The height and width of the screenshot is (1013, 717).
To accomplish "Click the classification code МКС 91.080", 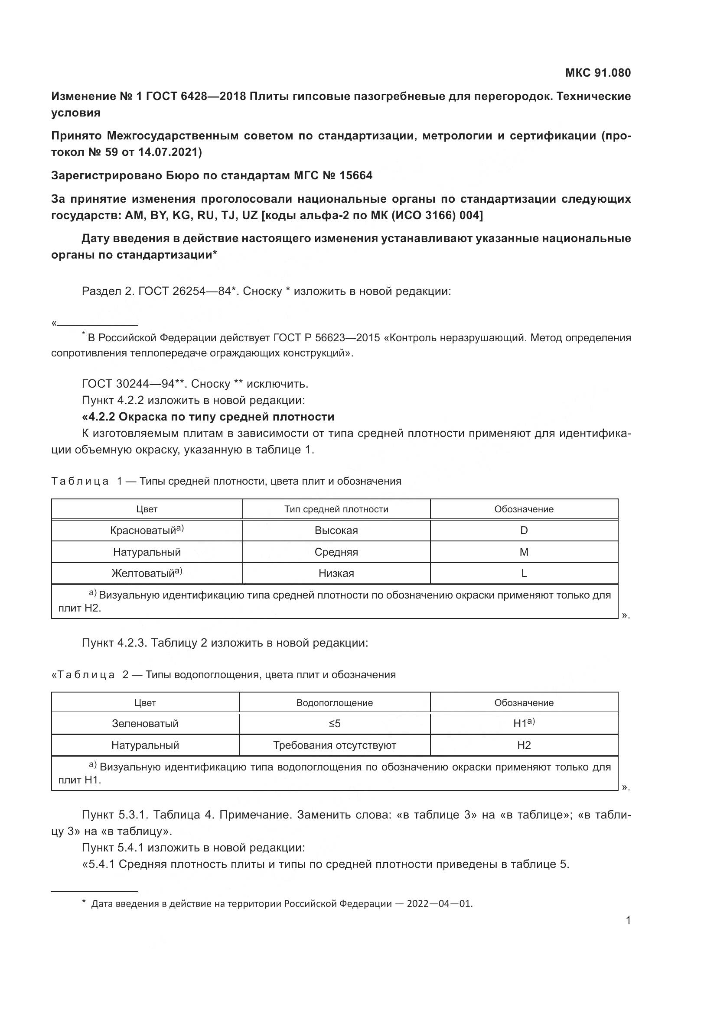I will [x=598, y=73].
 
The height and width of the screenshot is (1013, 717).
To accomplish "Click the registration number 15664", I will [x=355, y=175].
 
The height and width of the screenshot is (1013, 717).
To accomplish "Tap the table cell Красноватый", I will [x=147, y=531].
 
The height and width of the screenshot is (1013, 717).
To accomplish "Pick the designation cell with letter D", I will [x=524, y=531].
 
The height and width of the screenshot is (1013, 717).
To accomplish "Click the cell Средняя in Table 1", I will [x=336, y=552].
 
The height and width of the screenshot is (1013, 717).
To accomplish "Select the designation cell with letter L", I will [x=524, y=573].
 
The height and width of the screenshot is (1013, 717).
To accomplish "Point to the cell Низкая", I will [x=336, y=573].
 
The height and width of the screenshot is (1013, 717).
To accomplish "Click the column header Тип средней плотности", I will [x=336, y=509].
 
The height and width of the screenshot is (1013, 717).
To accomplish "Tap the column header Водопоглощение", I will [x=334, y=703].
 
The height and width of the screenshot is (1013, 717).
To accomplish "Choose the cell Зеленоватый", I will [x=145, y=724].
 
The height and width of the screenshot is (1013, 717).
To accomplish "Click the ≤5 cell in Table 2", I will [x=334, y=724].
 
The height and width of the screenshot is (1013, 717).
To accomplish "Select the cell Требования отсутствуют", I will [x=334, y=745].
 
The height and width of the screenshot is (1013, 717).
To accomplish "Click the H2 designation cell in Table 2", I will [x=524, y=745].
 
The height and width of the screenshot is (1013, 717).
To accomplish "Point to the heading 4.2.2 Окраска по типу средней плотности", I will [x=208, y=417].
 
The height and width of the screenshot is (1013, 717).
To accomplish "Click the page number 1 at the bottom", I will [x=628, y=920].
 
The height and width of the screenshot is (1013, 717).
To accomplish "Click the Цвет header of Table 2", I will [x=145, y=703].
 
